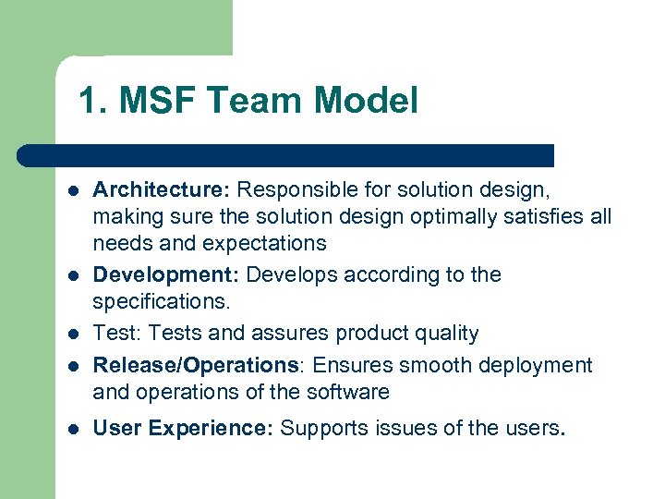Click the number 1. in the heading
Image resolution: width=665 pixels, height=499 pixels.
tap(91, 101)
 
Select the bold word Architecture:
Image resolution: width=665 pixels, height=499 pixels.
tap(162, 189)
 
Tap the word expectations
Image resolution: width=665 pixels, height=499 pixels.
tap(260, 243)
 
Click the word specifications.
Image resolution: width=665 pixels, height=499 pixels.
tap(160, 302)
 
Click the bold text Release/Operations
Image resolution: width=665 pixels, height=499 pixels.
tap(196, 365)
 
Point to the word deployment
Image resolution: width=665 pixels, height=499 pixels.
tap(532, 365)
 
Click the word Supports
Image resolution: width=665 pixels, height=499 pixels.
tap(320, 428)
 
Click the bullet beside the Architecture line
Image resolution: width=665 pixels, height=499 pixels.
tap(71, 190)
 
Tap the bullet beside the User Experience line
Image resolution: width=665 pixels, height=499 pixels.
tap(71, 429)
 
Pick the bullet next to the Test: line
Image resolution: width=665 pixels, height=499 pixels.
tap(71, 334)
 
